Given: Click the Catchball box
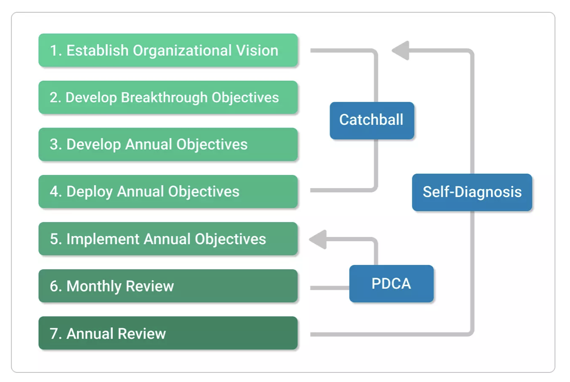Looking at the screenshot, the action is click(372, 120).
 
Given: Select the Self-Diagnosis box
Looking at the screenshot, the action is click(472, 192).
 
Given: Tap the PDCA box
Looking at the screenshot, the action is click(392, 284).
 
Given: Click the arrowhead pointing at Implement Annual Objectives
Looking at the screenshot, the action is click(318, 239).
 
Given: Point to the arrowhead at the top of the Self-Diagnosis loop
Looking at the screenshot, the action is click(400, 51).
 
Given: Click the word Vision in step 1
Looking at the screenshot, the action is click(257, 50).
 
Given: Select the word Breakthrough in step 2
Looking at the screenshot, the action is click(164, 98).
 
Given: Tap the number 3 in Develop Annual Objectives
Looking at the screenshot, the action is click(54, 145).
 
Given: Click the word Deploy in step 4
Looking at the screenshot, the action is click(89, 192).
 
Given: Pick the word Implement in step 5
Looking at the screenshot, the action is click(103, 239).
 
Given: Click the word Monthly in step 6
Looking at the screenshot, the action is click(94, 286).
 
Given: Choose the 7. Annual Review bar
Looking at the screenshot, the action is click(168, 333).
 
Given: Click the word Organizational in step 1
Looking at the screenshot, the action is click(182, 51).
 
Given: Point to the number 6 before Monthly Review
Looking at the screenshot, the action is click(54, 286).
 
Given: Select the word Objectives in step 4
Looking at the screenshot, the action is click(204, 192).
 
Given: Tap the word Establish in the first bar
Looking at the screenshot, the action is click(97, 50).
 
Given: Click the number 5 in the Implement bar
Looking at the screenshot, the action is click(54, 239).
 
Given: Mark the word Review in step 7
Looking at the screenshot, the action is click(142, 334).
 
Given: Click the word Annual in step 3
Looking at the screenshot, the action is click(148, 145).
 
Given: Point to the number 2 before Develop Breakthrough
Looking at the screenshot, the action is click(54, 98).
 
